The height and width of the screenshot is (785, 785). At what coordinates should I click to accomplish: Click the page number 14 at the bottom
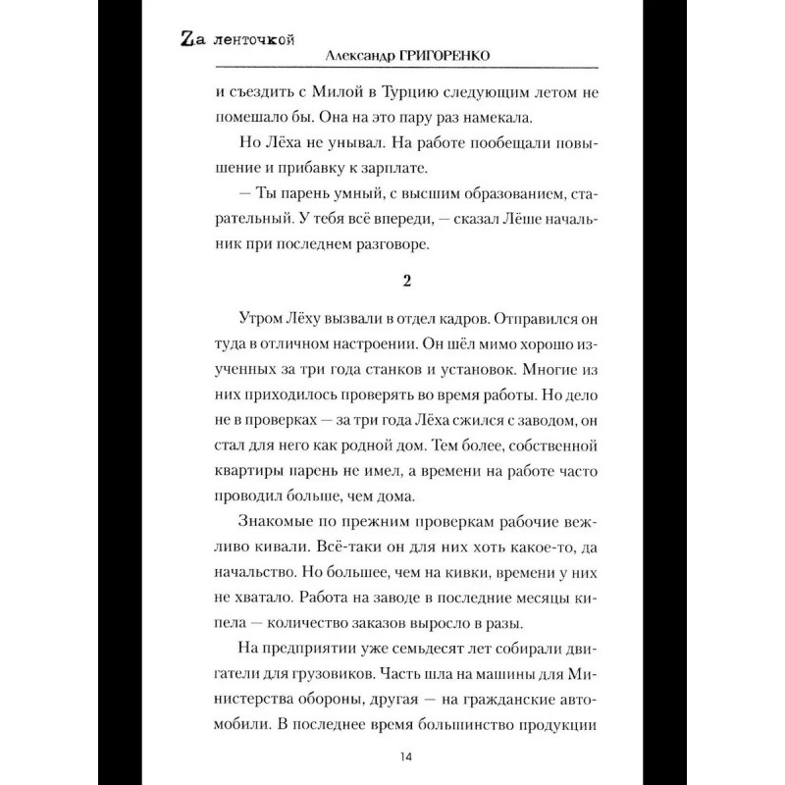405,756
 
